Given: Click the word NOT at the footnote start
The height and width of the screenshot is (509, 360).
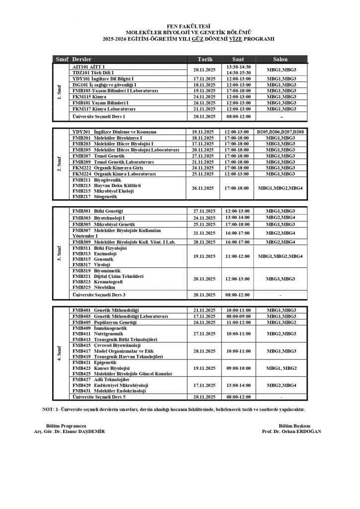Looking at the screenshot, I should coord(49,410).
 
